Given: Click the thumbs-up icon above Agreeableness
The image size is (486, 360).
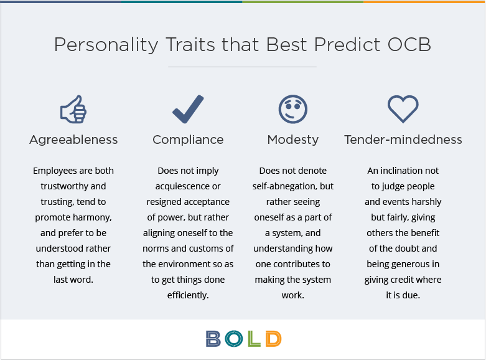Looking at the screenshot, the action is pyautogui.click(x=73, y=109).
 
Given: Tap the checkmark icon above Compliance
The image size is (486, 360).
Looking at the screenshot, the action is pyautogui.click(x=188, y=109).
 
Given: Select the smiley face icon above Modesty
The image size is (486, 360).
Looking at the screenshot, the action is pyautogui.click(x=293, y=109).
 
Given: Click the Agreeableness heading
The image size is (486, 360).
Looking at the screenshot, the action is pyautogui.click(x=73, y=140).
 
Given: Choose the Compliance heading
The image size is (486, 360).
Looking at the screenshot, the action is pyautogui.click(x=188, y=140).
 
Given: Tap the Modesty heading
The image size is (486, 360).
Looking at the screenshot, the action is pyautogui.click(x=293, y=140).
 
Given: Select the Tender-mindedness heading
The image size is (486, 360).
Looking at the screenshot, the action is pyautogui.click(x=403, y=140).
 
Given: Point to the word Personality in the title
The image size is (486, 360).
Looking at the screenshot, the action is pyautogui.click(x=106, y=45).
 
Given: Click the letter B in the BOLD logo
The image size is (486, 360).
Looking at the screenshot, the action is pyautogui.click(x=213, y=339).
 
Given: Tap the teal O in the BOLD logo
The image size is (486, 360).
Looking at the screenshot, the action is pyautogui.click(x=234, y=339).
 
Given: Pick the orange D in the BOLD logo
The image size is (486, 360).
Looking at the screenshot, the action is pyautogui.click(x=273, y=339).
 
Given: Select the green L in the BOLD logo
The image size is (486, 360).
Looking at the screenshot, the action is pyautogui.click(x=254, y=339).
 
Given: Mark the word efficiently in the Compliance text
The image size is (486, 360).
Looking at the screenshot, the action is pyautogui.click(x=188, y=295).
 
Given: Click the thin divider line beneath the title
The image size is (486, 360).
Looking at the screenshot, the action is pyautogui.click(x=242, y=67).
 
